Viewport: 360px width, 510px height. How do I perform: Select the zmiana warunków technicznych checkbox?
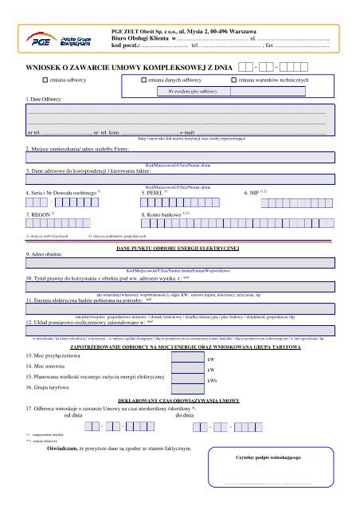tap(233, 81)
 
